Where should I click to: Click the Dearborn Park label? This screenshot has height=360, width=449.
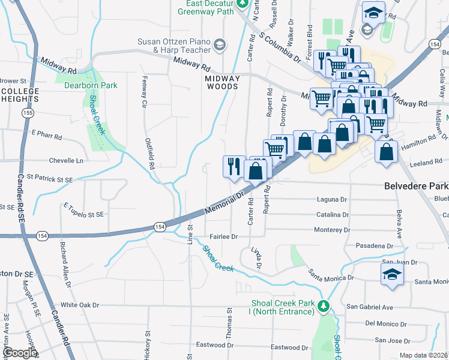91,86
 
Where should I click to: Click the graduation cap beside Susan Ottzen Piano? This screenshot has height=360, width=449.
220,44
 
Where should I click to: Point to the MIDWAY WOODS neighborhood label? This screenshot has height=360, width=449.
222,82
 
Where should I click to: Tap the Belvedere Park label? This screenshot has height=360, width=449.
416,187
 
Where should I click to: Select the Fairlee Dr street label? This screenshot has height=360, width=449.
223,237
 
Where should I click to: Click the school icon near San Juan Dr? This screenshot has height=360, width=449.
391,274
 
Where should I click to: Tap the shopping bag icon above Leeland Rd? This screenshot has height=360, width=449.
385,151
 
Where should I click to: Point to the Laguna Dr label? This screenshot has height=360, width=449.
332,199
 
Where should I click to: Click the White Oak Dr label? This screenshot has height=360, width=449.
79,305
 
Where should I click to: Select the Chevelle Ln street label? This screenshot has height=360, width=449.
66,161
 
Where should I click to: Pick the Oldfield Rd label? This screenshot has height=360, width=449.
150,154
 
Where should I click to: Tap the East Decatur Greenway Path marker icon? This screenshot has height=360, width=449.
242,4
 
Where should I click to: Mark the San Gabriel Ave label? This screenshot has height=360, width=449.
371,307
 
